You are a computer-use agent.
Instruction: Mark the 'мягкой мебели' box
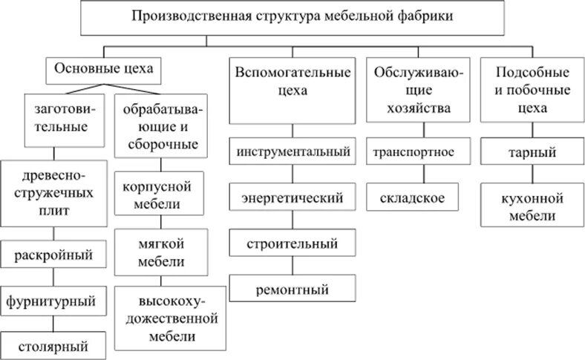pos(161,252)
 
